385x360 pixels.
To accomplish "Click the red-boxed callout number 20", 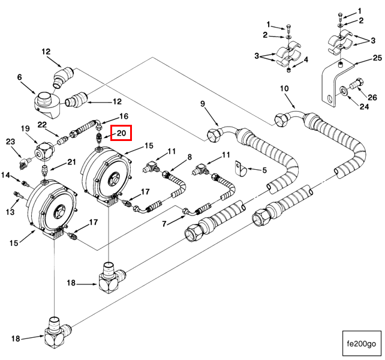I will [122, 133].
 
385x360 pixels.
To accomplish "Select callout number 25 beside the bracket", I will [377, 58].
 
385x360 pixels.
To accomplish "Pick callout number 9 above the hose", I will [203, 104].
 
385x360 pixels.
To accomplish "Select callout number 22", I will [42, 124].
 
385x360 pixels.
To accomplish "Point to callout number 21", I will [71, 162].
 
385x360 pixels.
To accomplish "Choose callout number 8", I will [190, 157].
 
